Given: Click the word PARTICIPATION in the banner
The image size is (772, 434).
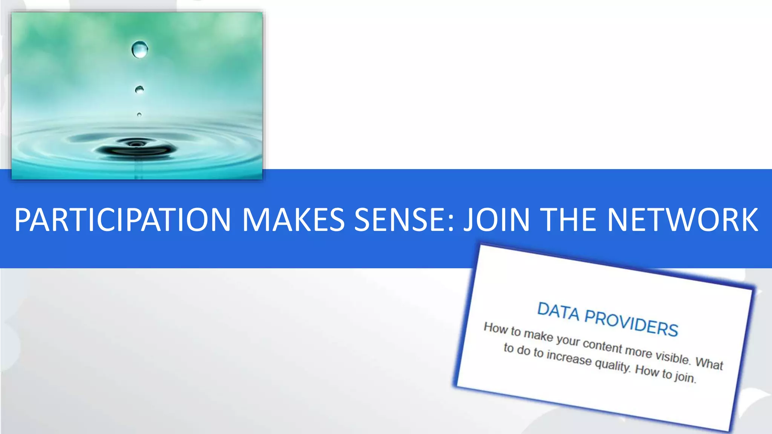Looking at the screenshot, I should [123, 220].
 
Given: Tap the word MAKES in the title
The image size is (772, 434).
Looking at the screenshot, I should [293, 220].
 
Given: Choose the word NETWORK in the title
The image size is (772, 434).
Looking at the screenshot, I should [682, 220].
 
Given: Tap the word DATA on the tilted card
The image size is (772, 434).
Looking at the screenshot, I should [558, 312].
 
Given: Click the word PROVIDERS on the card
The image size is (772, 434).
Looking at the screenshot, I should [631, 323].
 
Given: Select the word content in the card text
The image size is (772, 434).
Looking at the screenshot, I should [602, 345].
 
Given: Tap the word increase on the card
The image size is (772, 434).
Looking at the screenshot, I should [569, 358].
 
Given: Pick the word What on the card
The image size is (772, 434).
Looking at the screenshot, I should [709, 364].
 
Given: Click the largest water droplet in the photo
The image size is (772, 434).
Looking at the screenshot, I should [140, 49].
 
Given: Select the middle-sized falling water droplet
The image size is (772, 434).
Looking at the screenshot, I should [139, 90].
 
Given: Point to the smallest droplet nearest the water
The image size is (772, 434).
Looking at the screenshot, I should [139, 115].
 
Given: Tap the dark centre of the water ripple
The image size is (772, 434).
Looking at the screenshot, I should [136, 144].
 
